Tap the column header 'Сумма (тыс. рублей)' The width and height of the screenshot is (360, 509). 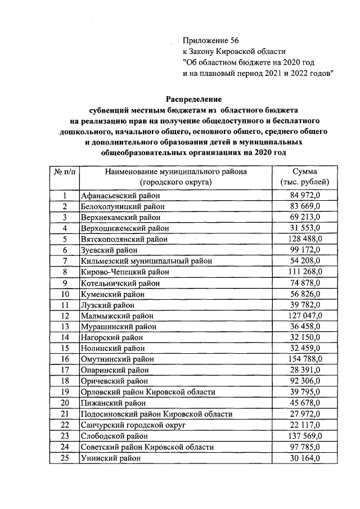pyautogui.click(x=304, y=177)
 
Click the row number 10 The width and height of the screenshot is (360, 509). pyautogui.click(x=65, y=294)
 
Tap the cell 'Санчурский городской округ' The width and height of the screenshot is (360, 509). pyautogui.click(x=129, y=425)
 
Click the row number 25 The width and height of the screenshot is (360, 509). pyautogui.click(x=65, y=458)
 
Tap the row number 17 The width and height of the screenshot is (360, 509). pyautogui.click(x=65, y=370)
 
